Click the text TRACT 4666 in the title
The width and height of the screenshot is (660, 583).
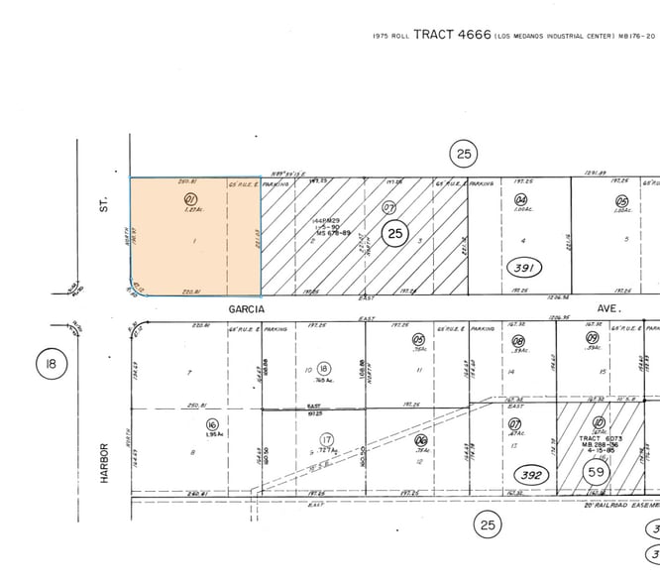coord(452,35)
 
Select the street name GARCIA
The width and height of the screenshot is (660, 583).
coord(248,308)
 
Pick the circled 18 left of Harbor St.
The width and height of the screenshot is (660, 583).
coord(50,364)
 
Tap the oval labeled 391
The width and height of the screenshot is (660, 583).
coord(524,268)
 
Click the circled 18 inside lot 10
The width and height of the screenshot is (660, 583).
coord(323,368)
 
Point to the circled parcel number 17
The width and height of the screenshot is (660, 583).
coord(326,440)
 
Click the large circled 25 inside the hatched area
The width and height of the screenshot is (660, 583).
coord(395,234)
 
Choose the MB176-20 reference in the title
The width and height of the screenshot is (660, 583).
coord(636,36)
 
